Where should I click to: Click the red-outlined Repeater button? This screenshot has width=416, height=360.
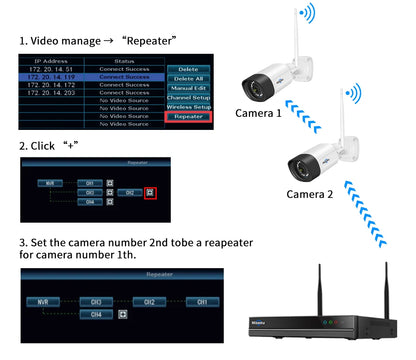188,116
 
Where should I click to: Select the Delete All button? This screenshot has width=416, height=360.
188,79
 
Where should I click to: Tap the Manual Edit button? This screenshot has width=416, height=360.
188,88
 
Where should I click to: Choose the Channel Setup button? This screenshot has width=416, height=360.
188,97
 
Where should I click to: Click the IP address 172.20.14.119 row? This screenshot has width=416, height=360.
52,76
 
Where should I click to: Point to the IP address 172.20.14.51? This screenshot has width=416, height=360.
52,68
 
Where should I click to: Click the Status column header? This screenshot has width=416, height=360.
124,60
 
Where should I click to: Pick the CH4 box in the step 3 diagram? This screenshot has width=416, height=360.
96,314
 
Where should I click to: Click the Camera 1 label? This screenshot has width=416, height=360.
258,113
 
